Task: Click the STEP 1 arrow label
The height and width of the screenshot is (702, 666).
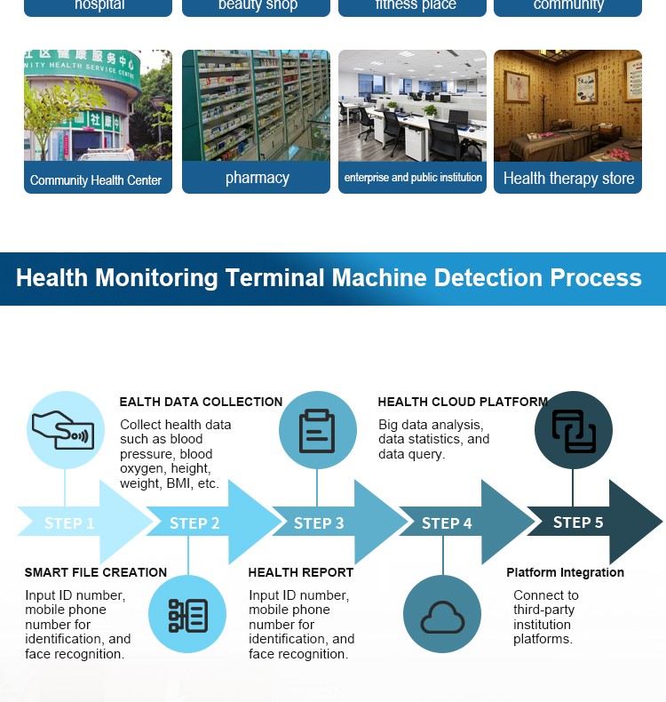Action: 69,523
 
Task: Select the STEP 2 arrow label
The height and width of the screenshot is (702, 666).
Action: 194,523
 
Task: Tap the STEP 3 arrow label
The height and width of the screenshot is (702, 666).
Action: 319,523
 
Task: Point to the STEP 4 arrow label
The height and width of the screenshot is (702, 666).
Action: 447,523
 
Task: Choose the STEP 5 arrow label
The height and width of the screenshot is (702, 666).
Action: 578,523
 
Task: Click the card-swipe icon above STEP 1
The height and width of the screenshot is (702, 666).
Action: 65,429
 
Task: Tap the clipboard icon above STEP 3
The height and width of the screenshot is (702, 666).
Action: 317,430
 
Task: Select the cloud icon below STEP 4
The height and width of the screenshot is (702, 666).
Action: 442,615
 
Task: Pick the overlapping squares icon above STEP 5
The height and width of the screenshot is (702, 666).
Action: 573,430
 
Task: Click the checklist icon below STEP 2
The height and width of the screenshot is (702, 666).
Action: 187,615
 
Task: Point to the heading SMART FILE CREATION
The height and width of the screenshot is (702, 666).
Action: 96,572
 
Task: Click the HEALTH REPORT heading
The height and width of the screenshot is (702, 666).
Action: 301,572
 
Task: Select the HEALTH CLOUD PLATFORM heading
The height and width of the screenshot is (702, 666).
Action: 463,402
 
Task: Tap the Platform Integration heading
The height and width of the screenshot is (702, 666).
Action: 565,572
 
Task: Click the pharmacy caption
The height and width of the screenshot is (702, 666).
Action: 257,178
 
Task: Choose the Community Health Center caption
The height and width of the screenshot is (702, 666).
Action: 96,180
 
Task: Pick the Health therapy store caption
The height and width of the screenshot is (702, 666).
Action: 568,178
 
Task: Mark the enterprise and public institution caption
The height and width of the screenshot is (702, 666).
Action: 413,178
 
